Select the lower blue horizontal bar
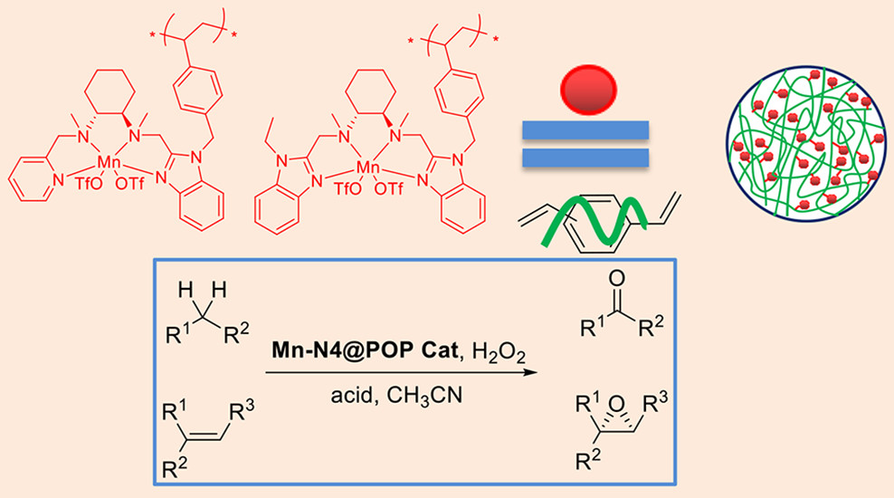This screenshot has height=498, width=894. coord(586,159)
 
